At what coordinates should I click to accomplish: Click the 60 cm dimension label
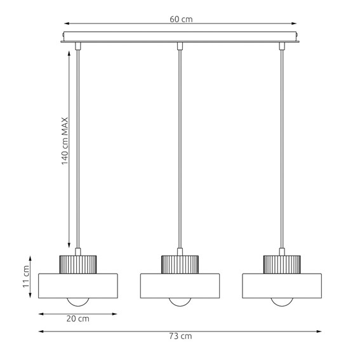[x=181, y=20]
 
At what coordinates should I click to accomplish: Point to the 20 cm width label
[x=78, y=319]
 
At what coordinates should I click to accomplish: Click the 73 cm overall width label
[x=181, y=336]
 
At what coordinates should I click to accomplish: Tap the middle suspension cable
[x=180, y=146]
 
